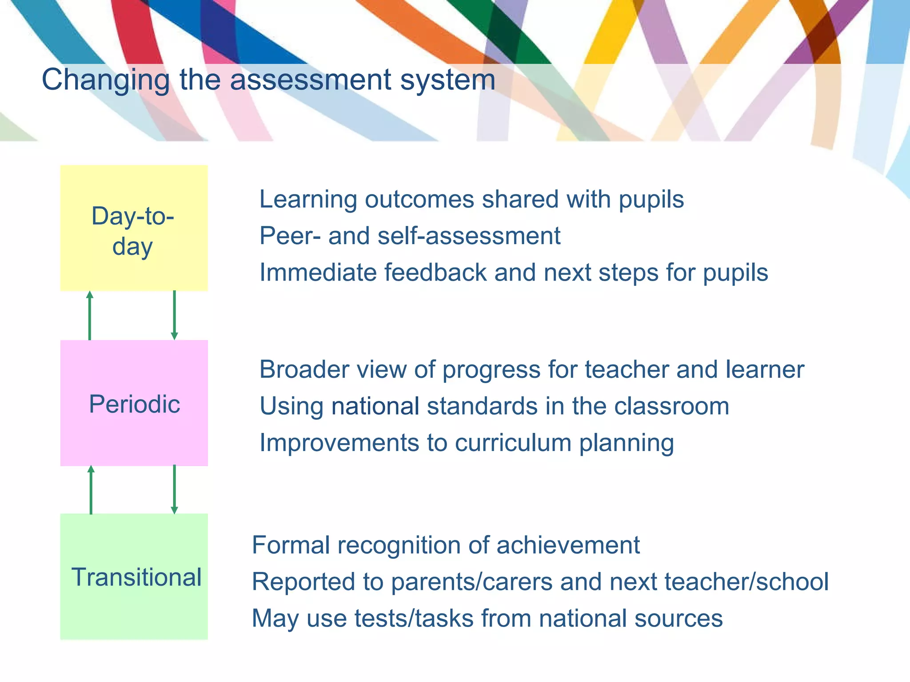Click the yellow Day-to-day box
point(134,228)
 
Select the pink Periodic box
point(134,403)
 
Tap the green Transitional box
point(134,576)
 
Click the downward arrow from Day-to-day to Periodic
point(174,315)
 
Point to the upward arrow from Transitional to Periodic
point(91,490)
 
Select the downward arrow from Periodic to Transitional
point(174,490)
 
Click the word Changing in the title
point(106,80)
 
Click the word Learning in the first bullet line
point(308,200)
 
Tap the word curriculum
point(513,443)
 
